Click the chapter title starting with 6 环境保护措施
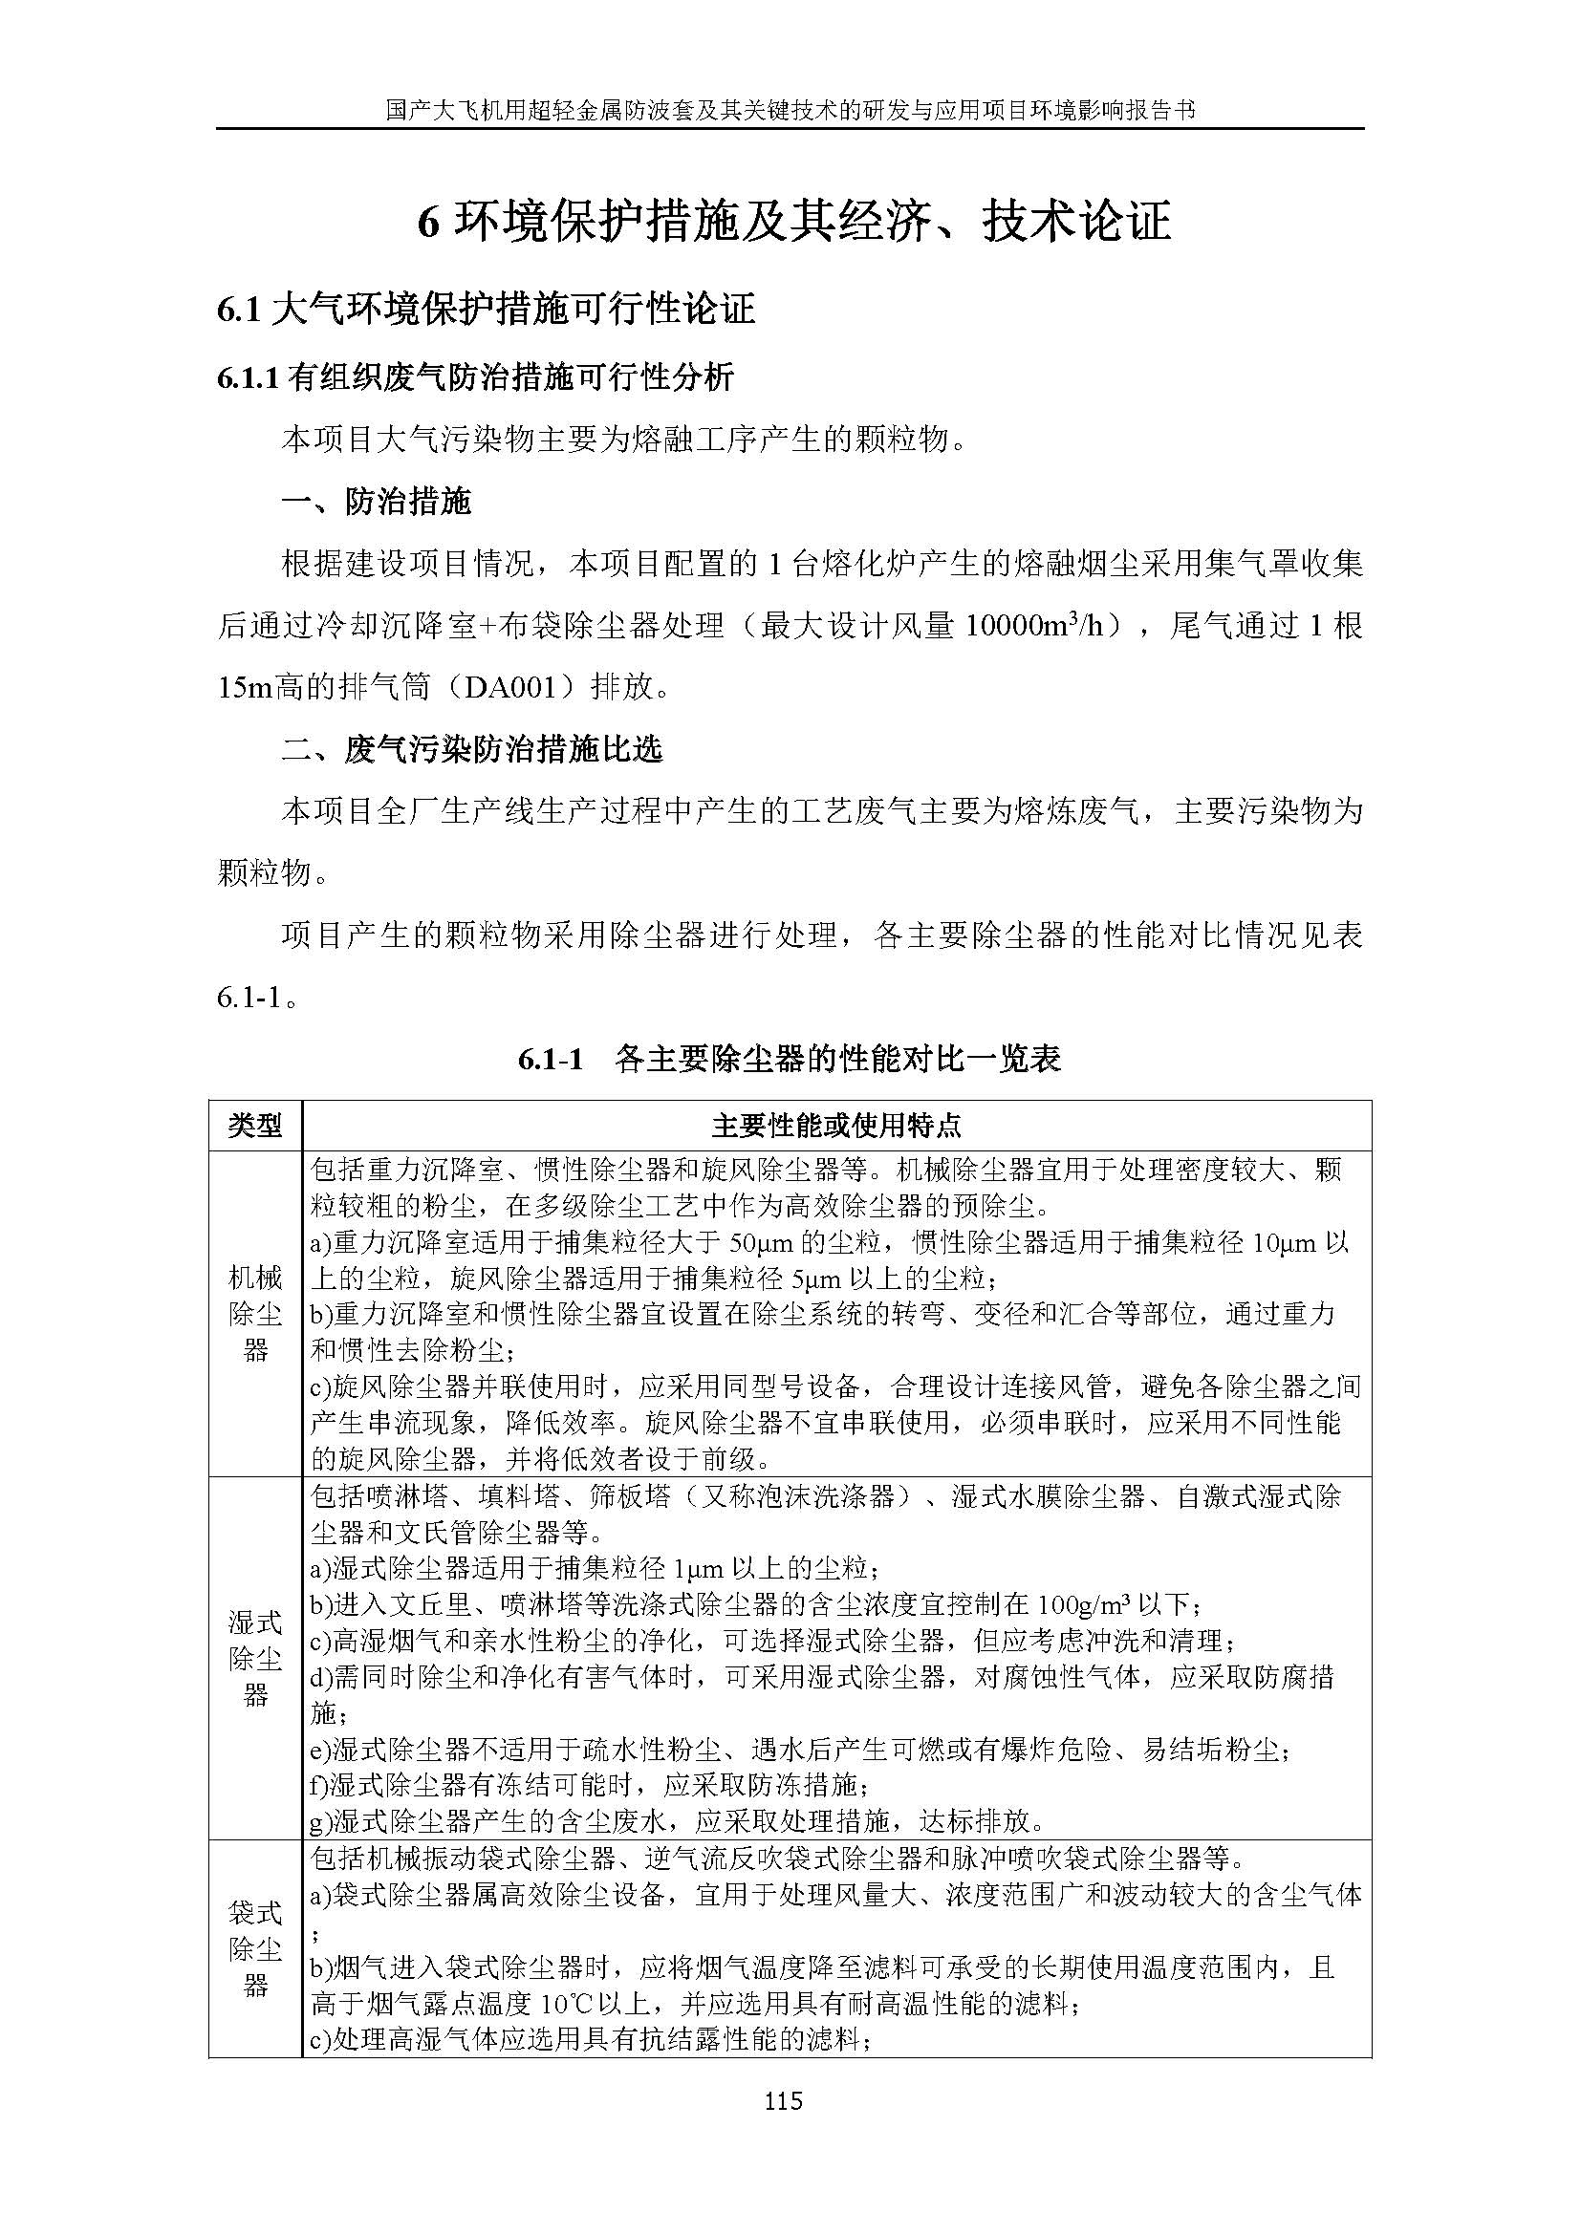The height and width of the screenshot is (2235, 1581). pos(793,222)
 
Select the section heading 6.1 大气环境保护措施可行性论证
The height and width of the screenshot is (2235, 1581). pos(486,310)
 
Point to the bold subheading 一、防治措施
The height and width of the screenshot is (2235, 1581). pos(376,503)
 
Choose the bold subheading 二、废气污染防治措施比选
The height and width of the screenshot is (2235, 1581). pos(471,748)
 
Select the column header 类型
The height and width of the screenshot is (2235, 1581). pos(255,1127)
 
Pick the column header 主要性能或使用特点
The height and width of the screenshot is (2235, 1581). pos(836,1127)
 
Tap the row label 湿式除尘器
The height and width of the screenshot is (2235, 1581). pos(255,1660)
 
